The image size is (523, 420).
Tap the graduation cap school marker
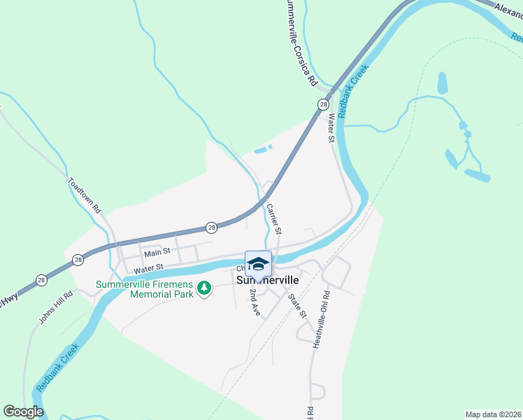258,264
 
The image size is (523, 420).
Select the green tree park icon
204,288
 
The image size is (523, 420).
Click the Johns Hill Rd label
56,307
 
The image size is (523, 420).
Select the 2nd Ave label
255,302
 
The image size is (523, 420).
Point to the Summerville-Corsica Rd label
301,42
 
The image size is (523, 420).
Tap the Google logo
23,412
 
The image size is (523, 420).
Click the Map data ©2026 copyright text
492,414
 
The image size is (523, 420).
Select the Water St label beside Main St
148,267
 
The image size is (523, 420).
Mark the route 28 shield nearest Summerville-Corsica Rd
322,104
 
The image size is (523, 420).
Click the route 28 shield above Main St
211,227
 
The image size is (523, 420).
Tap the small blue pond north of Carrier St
261,150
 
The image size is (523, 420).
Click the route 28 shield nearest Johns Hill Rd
41,280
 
